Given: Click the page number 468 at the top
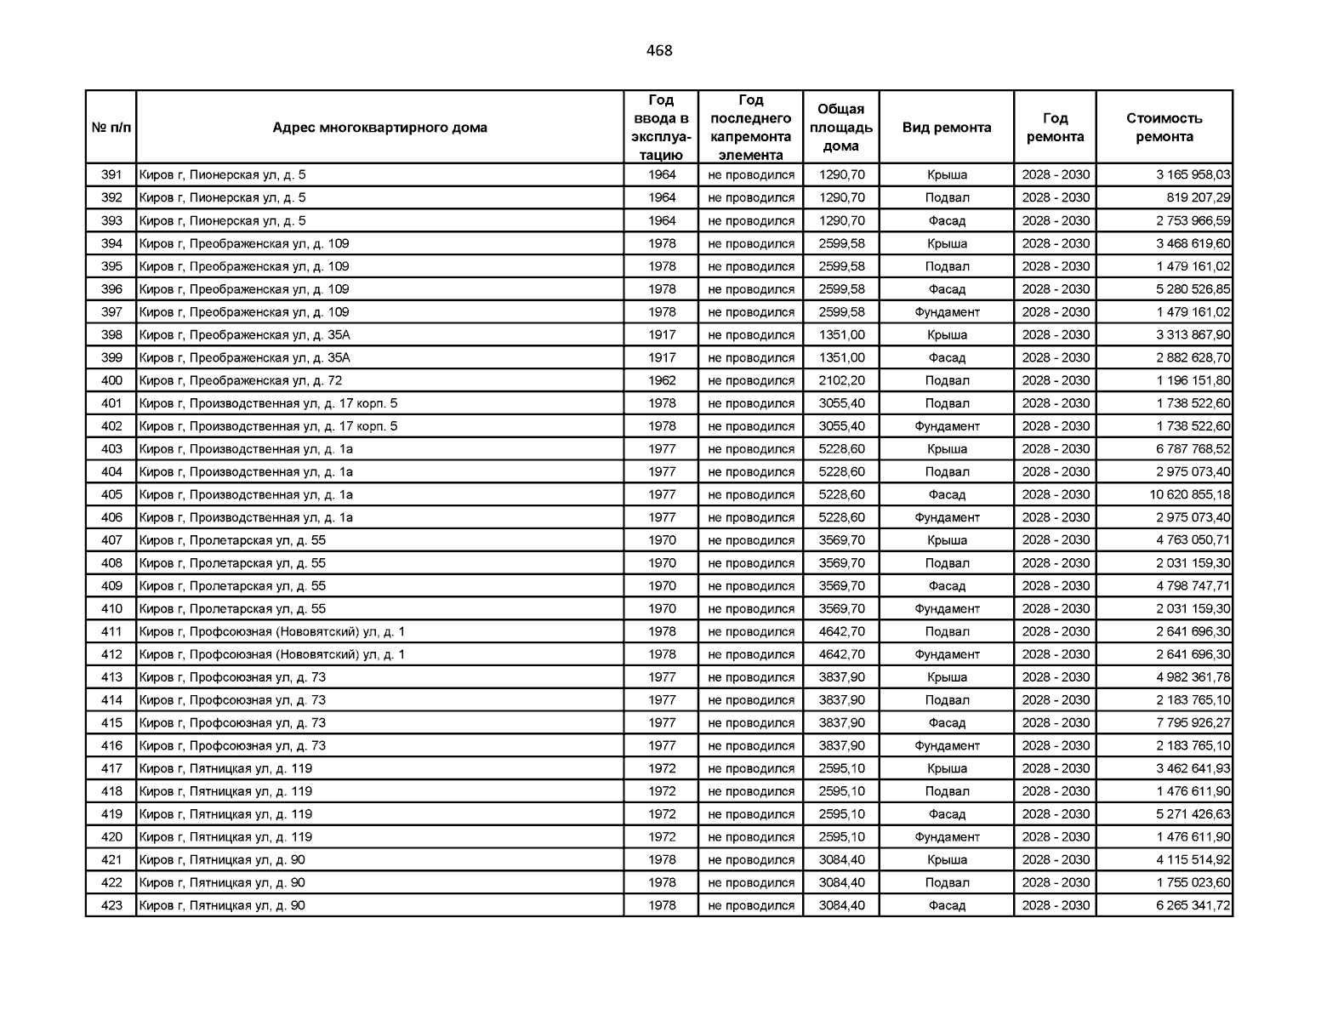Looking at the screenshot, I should [659, 51].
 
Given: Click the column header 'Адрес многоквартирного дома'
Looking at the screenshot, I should [379, 128].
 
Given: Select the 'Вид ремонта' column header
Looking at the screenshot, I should [946, 128].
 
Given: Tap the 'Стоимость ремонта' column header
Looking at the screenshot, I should [1164, 128].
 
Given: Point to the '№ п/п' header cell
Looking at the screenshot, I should [111, 128].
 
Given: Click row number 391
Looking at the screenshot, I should [111, 175].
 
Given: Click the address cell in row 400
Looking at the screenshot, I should [241, 380].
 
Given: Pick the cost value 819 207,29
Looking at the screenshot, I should [1198, 198].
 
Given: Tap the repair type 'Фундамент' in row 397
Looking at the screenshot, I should [947, 312].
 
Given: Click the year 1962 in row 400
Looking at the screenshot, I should [662, 380].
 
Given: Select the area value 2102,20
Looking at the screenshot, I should [841, 380].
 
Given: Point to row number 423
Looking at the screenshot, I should [111, 905].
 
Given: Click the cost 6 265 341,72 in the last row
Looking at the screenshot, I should [1193, 905].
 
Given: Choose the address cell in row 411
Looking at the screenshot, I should [272, 631].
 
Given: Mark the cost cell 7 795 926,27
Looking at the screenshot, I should [1193, 723].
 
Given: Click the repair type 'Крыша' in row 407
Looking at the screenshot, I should [947, 540].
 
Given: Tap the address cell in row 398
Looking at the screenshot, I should [245, 335].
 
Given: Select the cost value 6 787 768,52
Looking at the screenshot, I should [1193, 449].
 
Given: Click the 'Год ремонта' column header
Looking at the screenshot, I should [1055, 128].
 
